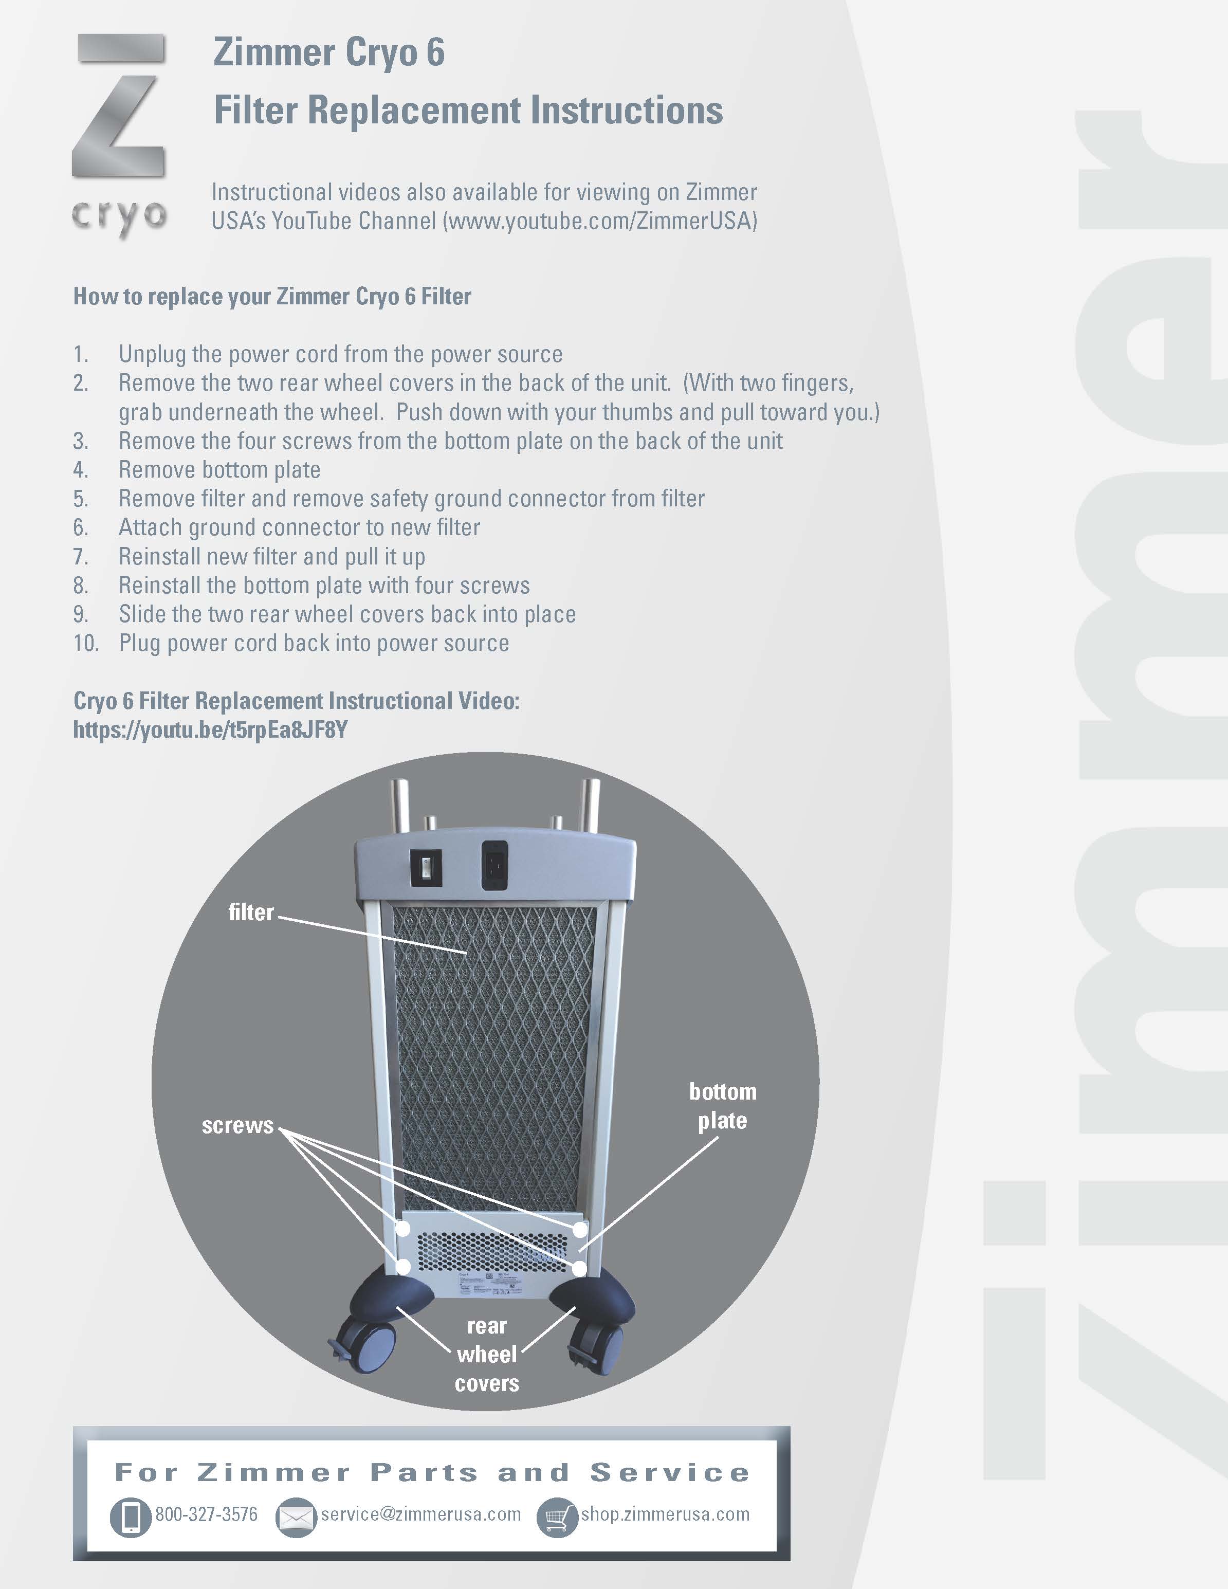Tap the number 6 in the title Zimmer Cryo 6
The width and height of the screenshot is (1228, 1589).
point(435,52)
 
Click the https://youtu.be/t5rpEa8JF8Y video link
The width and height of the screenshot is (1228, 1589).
point(210,730)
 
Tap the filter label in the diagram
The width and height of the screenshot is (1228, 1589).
point(251,912)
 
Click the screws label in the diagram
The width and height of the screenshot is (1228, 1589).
point(237,1125)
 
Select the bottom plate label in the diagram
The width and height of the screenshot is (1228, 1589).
point(722,1106)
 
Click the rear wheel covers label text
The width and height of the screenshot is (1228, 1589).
point(487,1354)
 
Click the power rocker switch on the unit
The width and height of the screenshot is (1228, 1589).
point(426,868)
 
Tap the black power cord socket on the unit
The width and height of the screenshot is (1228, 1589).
point(494,865)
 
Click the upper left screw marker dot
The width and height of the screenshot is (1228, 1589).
point(402,1229)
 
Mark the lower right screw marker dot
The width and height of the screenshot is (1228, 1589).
point(579,1269)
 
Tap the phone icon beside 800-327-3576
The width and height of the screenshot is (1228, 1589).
point(130,1518)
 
